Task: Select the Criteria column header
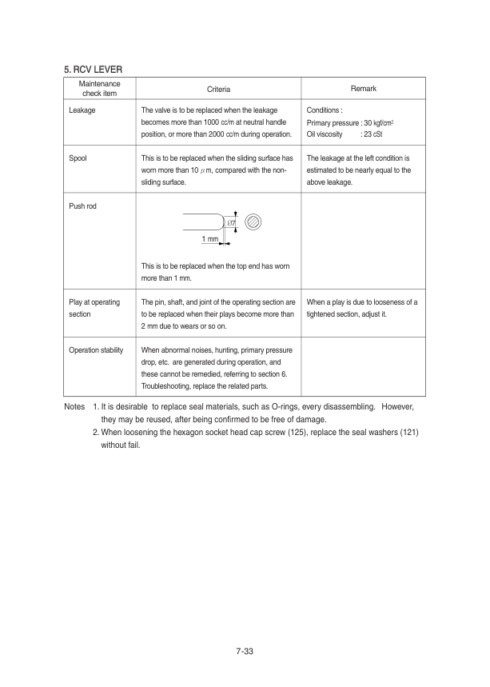pyautogui.click(x=218, y=89)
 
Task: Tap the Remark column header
pyautogui.click(x=363, y=88)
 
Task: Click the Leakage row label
pyautogui.click(x=82, y=110)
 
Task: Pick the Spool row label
pyautogui.click(x=78, y=158)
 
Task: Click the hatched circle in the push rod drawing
pyautogui.click(x=253, y=222)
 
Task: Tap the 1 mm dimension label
pyautogui.click(x=210, y=239)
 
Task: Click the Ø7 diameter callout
pyautogui.click(x=231, y=222)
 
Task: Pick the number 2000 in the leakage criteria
pyautogui.click(x=226, y=134)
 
